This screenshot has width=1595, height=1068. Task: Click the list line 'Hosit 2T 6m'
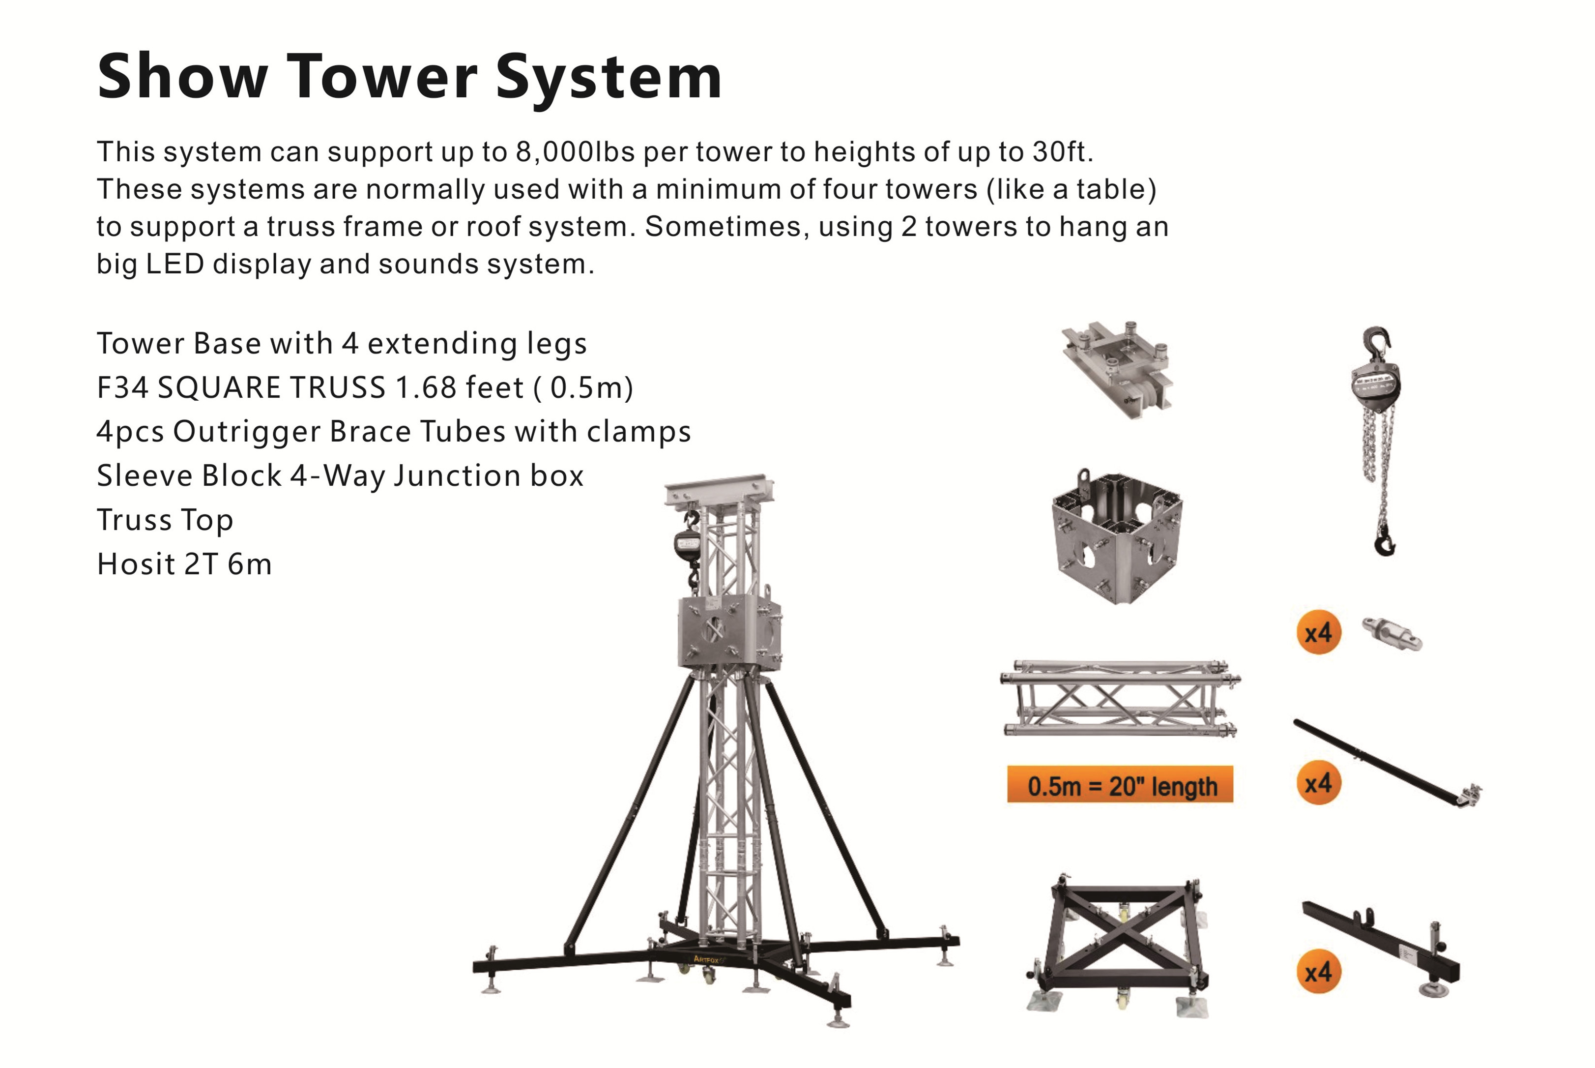point(184,564)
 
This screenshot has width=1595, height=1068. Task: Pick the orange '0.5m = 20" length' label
point(1120,785)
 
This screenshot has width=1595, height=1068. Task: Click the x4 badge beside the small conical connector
point(1318,632)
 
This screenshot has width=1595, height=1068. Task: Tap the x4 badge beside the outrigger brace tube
point(1318,783)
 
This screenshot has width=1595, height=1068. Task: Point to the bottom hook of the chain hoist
point(1385,543)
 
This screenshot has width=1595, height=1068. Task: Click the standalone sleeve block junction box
point(1117,538)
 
